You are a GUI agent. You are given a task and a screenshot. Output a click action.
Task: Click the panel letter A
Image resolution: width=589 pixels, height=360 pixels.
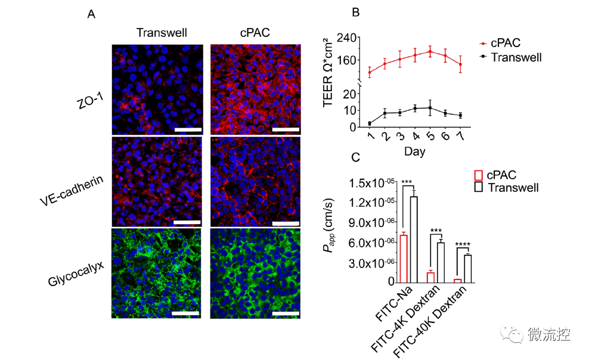(91, 14)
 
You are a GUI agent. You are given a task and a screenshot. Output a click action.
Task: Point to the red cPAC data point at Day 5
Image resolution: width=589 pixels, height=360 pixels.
(429, 51)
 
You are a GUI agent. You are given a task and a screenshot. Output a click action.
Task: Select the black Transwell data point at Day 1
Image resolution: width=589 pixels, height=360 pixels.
(370, 123)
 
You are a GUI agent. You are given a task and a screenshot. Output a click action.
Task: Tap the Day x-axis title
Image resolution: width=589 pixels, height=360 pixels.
(414, 151)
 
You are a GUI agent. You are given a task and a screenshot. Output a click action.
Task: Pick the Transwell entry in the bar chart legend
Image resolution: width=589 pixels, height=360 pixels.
(512, 188)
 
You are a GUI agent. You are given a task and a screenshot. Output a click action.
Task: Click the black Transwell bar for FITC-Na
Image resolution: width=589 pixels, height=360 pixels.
(413, 238)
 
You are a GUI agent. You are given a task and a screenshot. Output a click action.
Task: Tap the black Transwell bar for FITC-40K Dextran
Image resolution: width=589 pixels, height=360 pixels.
(467, 268)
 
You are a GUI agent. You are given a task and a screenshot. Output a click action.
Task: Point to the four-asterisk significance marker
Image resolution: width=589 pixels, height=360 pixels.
(463, 244)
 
